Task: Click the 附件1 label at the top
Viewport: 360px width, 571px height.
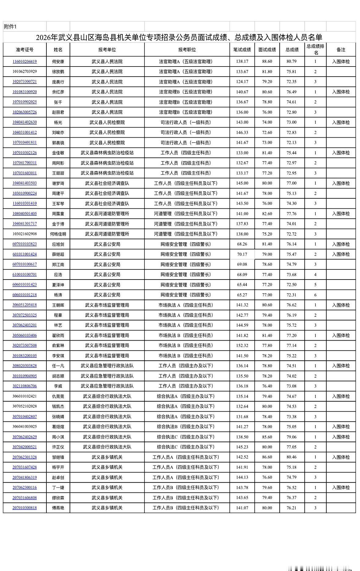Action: pyautogui.click(x=10, y=27)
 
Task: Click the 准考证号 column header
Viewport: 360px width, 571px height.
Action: pyautogui.click(x=24, y=49)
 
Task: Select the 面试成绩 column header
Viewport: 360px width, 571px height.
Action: pyautogui.click(x=267, y=49)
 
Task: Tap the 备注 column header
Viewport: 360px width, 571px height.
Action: pyautogui.click(x=341, y=49)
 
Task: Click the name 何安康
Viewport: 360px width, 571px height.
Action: pyautogui.click(x=58, y=61)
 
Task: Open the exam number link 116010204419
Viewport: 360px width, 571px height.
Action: pyautogui.click(x=24, y=61)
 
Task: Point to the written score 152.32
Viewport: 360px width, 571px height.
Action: pyautogui.click(x=242, y=345)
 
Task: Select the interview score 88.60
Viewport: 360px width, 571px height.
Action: pyautogui.click(x=267, y=61)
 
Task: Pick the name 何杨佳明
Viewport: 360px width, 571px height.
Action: pyautogui.click(x=58, y=234)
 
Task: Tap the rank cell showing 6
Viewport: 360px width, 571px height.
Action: pyautogui.click(x=315, y=295)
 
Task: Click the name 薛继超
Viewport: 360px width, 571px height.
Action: pyautogui.click(x=58, y=254)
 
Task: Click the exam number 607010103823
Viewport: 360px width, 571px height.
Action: pyautogui.click(x=24, y=244)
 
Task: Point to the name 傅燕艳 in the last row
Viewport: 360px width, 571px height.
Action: pyautogui.click(x=58, y=508)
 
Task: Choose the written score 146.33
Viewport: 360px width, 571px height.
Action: pyautogui.click(x=242, y=132)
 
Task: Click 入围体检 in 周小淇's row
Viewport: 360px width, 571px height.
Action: pyautogui.click(x=341, y=437)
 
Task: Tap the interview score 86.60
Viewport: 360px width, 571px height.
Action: pyautogui.click(x=267, y=457)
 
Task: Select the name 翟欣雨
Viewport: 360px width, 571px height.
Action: pyautogui.click(x=58, y=335)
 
